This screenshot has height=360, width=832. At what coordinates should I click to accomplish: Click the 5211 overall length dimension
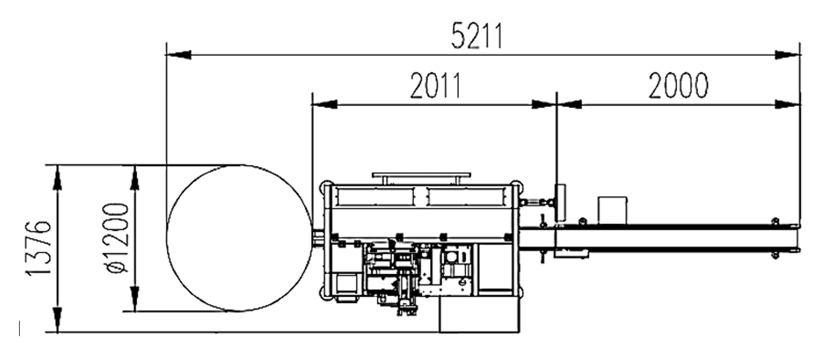(477, 36)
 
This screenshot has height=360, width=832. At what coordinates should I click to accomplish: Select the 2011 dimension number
(435, 85)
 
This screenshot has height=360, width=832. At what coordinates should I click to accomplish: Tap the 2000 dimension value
(678, 85)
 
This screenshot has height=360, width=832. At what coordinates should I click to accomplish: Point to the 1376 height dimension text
(38, 248)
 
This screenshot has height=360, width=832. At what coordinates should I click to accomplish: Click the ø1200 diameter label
(116, 238)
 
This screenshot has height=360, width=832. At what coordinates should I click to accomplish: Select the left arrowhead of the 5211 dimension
(178, 55)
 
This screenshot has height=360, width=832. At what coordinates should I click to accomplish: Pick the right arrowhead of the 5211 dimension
(787, 55)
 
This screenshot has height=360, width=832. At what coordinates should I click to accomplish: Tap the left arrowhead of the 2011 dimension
(324, 104)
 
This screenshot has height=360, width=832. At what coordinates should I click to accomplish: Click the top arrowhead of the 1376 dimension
(57, 178)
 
